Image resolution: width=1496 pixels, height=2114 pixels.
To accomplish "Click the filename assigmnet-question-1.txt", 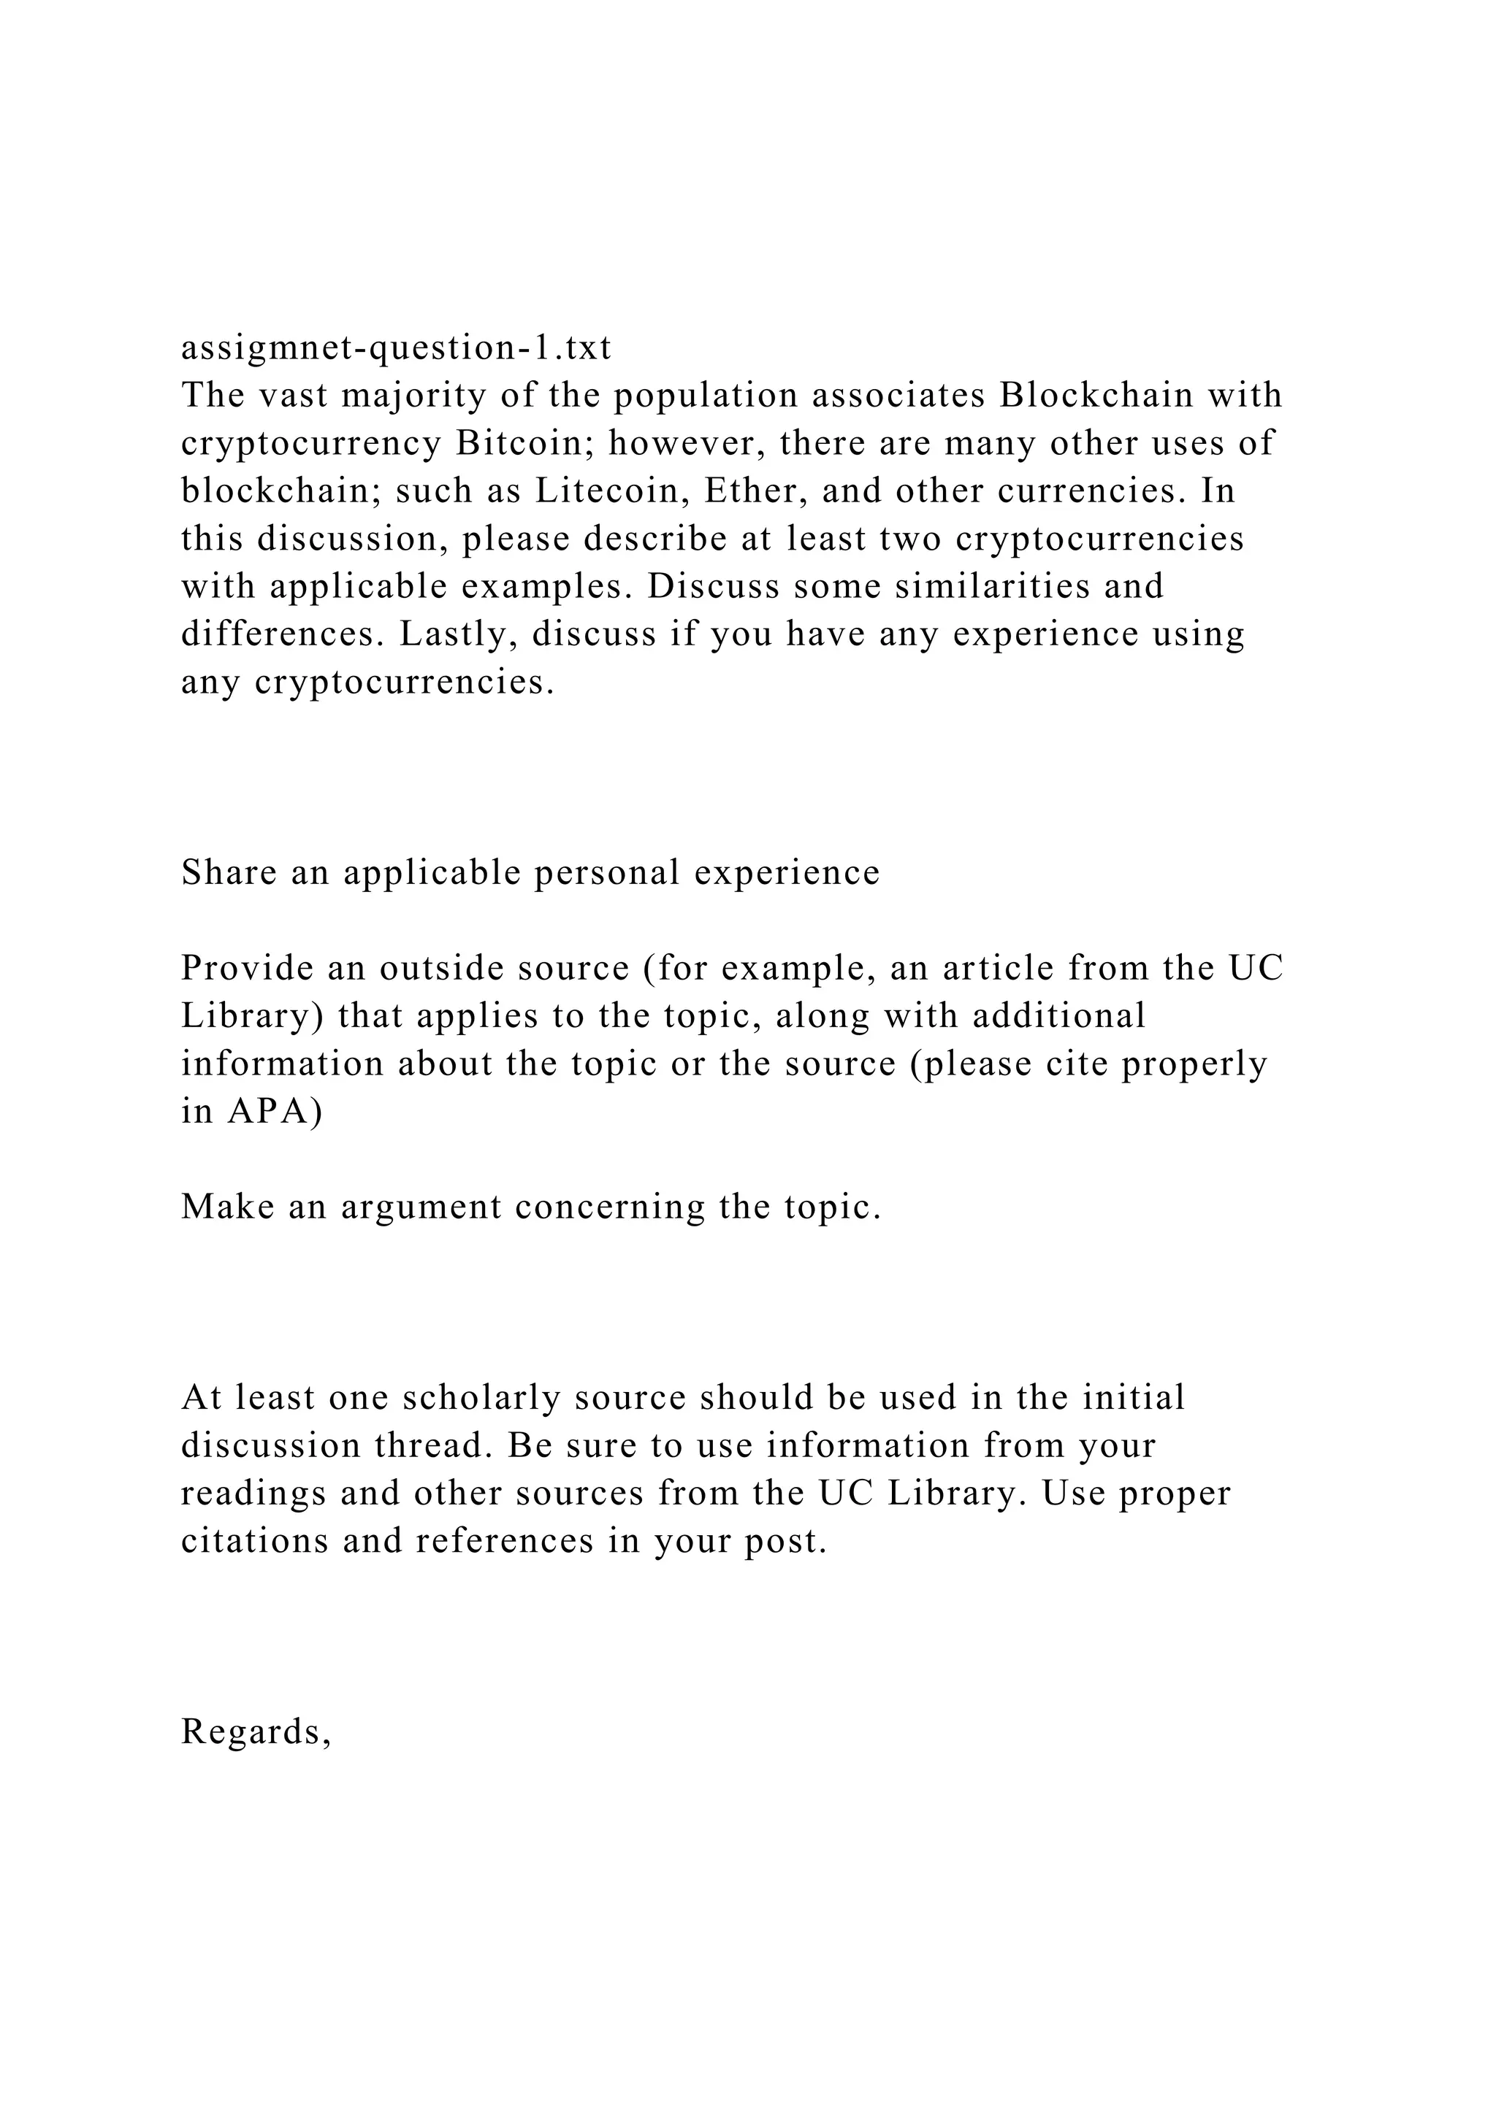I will point(396,348).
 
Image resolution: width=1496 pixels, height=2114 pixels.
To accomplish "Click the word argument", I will point(421,1207).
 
